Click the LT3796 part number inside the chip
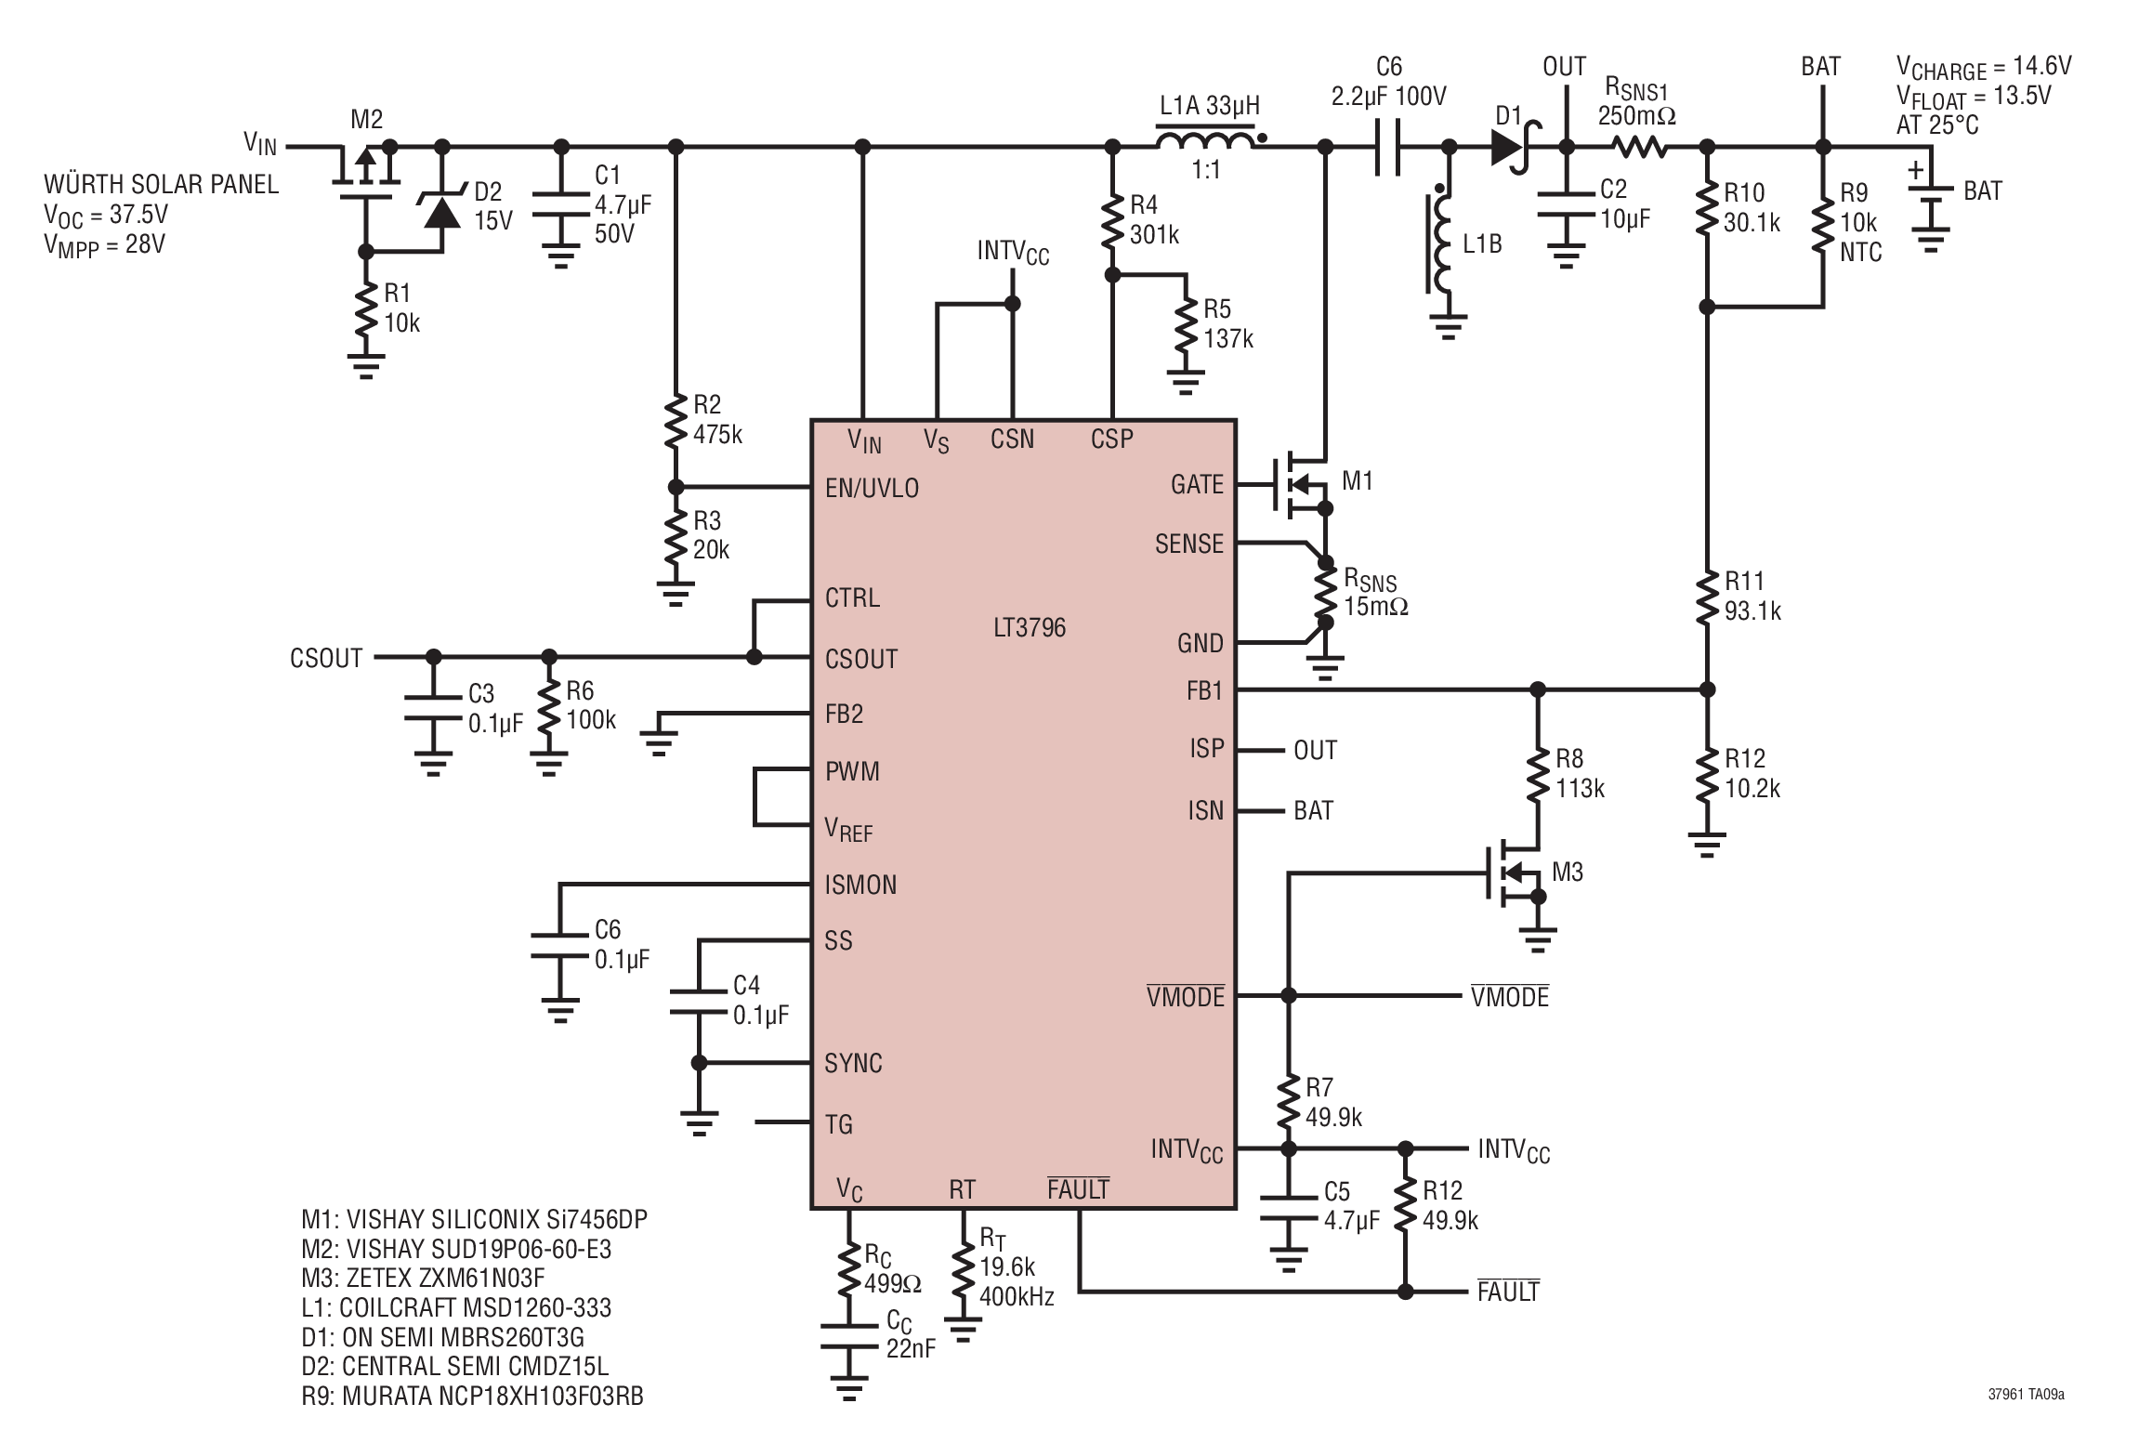coord(1029,628)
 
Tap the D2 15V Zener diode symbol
coord(442,208)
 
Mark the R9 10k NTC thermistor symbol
coord(1823,223)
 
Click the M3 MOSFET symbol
coord(1513,872)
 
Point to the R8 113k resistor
coord(1538,774)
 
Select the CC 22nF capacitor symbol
coord(848,1337)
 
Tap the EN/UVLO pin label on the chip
coord(872,489)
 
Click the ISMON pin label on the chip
coord(860,885)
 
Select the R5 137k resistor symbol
coord(1186,323)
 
